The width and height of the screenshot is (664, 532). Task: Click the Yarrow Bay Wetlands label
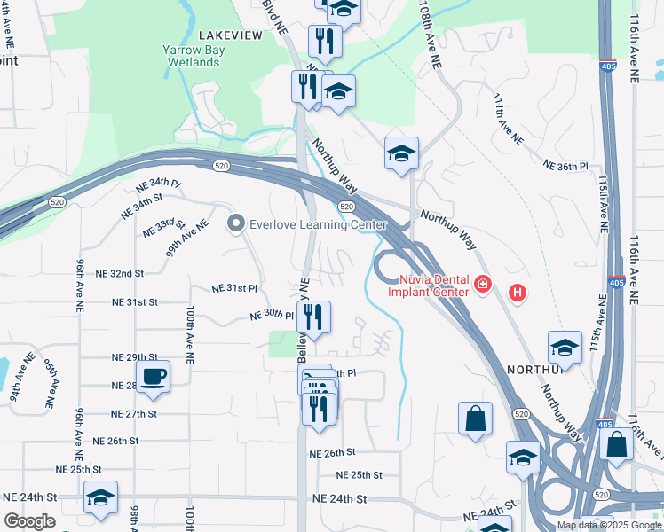pos(194,57)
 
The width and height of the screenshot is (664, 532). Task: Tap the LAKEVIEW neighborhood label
pos(231,35)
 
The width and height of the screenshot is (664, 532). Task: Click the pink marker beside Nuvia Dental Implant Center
pos(482,285)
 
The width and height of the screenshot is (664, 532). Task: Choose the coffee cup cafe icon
pos(153,375)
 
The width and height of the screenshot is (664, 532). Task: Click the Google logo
pos(28,521)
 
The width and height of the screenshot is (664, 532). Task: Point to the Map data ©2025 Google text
pos(609,525)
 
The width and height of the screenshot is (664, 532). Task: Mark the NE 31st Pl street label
pos(234,288)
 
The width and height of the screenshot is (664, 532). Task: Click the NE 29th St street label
pos(135,356)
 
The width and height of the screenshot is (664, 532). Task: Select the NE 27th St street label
pos(135,414)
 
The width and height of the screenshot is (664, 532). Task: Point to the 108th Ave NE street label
pos(431,35)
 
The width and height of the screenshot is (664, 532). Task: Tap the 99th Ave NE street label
pos(186,238)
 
